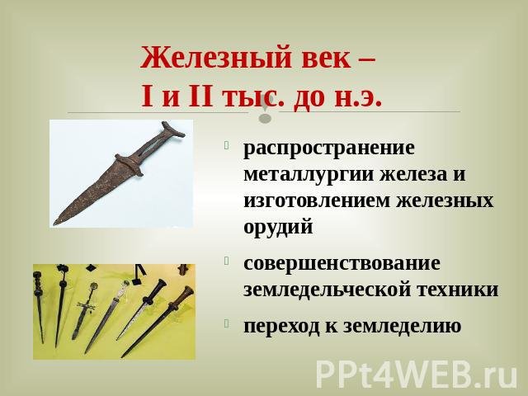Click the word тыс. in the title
[251, 97]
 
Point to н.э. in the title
[358, 97]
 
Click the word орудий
[278, 228]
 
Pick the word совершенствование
[342, 263]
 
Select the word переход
[281, 326]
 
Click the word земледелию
[402, 326]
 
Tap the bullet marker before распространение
[226, 145]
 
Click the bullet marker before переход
[226, 323]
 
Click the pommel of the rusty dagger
[173, 130]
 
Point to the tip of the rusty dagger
[55, 224]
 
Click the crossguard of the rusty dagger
[129, 165]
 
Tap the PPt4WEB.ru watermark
[417, 375]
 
